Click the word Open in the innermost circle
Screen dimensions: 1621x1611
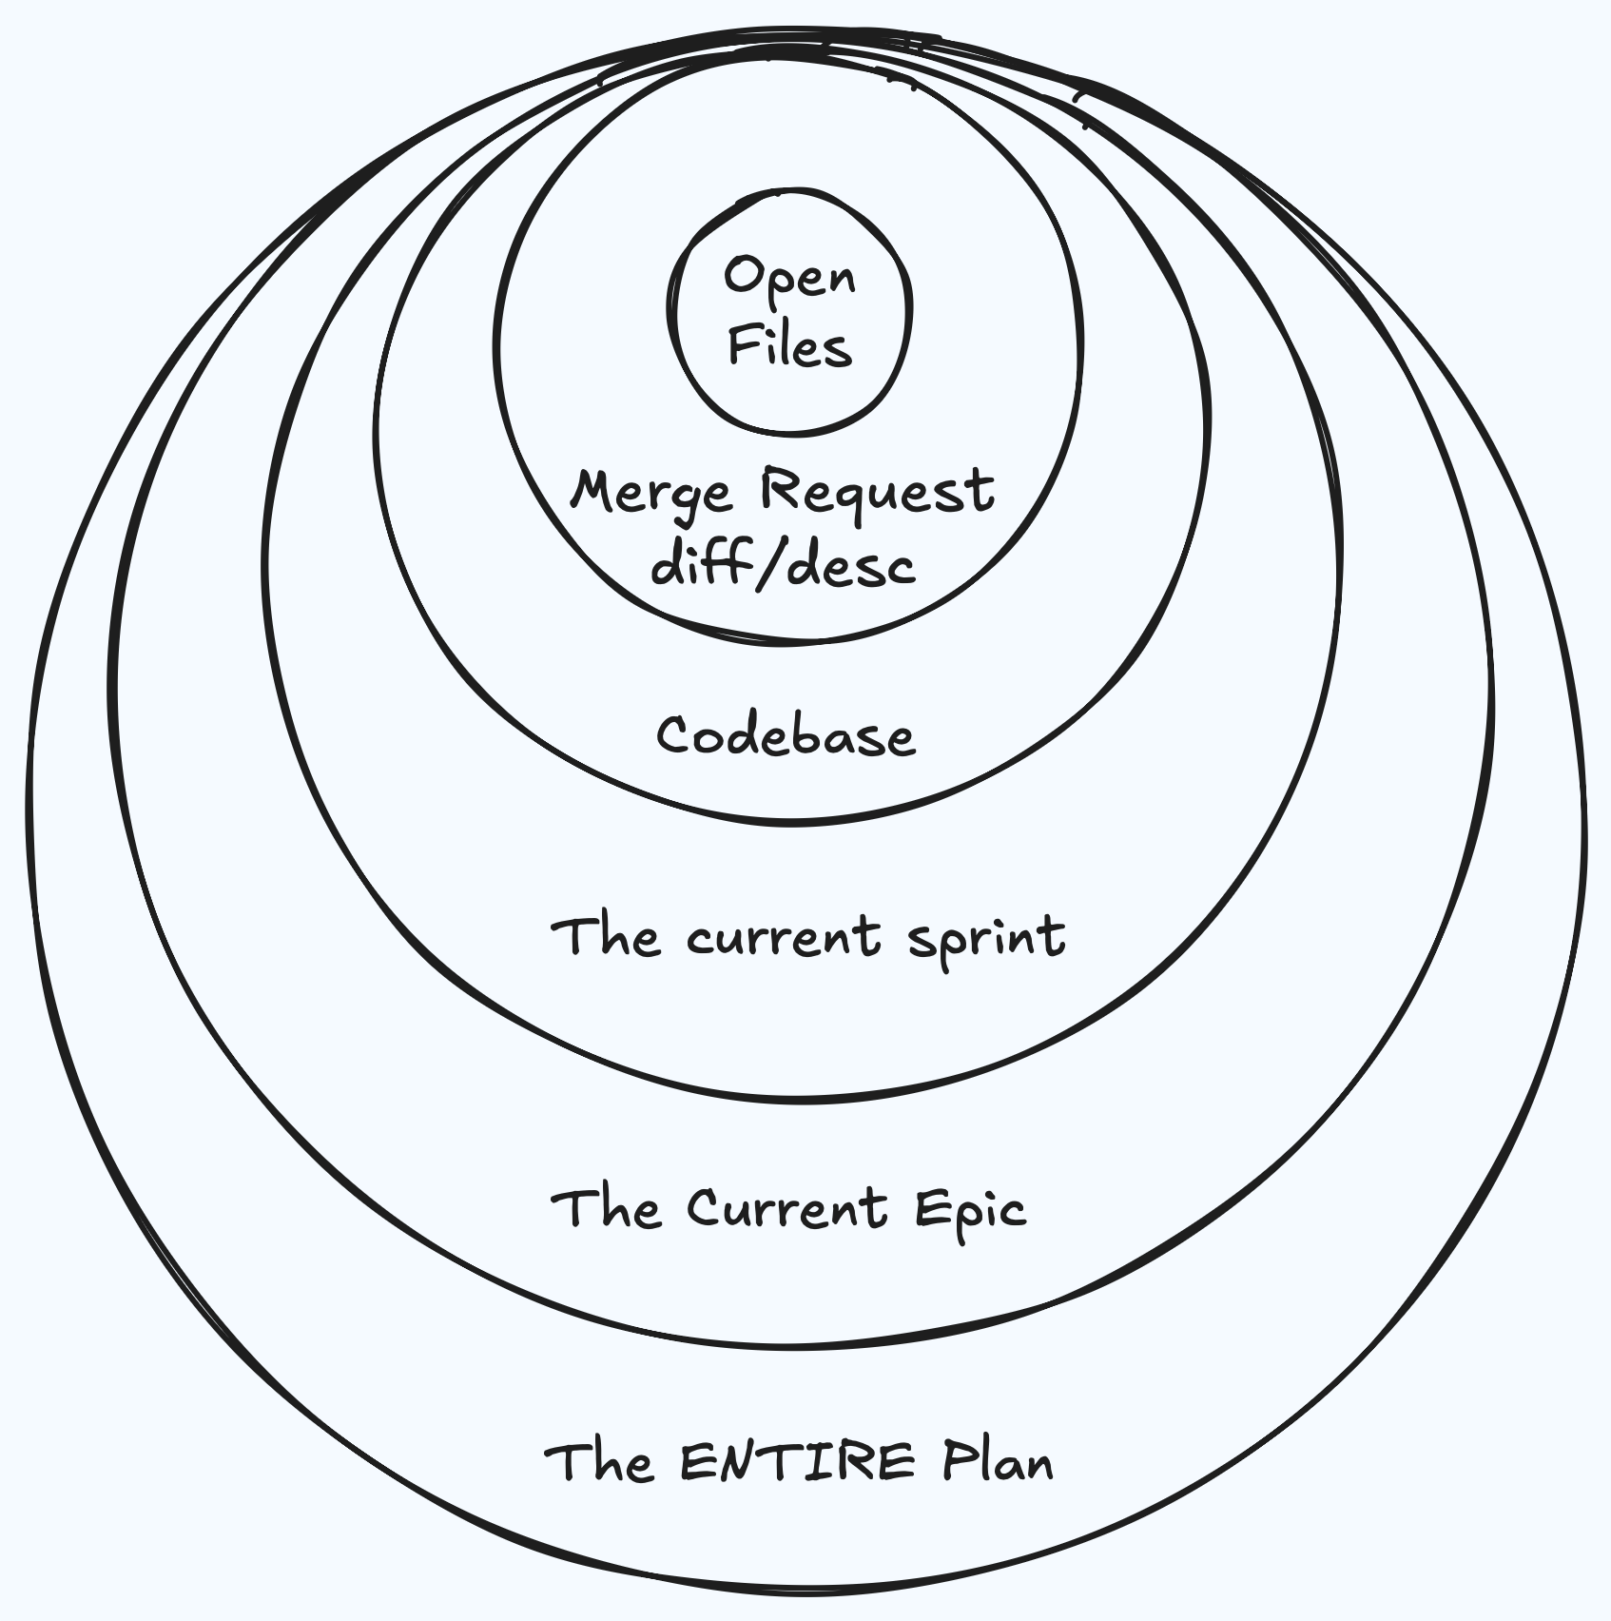tap(789, 278)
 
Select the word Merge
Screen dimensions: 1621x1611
tap(651, 492)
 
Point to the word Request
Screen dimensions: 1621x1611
tap(877, 492)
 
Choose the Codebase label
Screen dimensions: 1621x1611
tap(786, 735)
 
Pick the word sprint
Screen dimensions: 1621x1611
tap(985, 938)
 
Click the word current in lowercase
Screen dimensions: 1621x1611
tap(784, 936)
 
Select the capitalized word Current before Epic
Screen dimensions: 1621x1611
tap(787, 1208)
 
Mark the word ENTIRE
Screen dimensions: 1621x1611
tap(798, 1461)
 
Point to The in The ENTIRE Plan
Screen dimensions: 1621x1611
tap(599, 1461)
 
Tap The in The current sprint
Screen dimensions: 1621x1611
tap(606, 936)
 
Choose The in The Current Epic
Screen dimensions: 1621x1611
tap(606, 1208)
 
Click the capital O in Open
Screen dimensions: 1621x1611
tap(743, 276)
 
